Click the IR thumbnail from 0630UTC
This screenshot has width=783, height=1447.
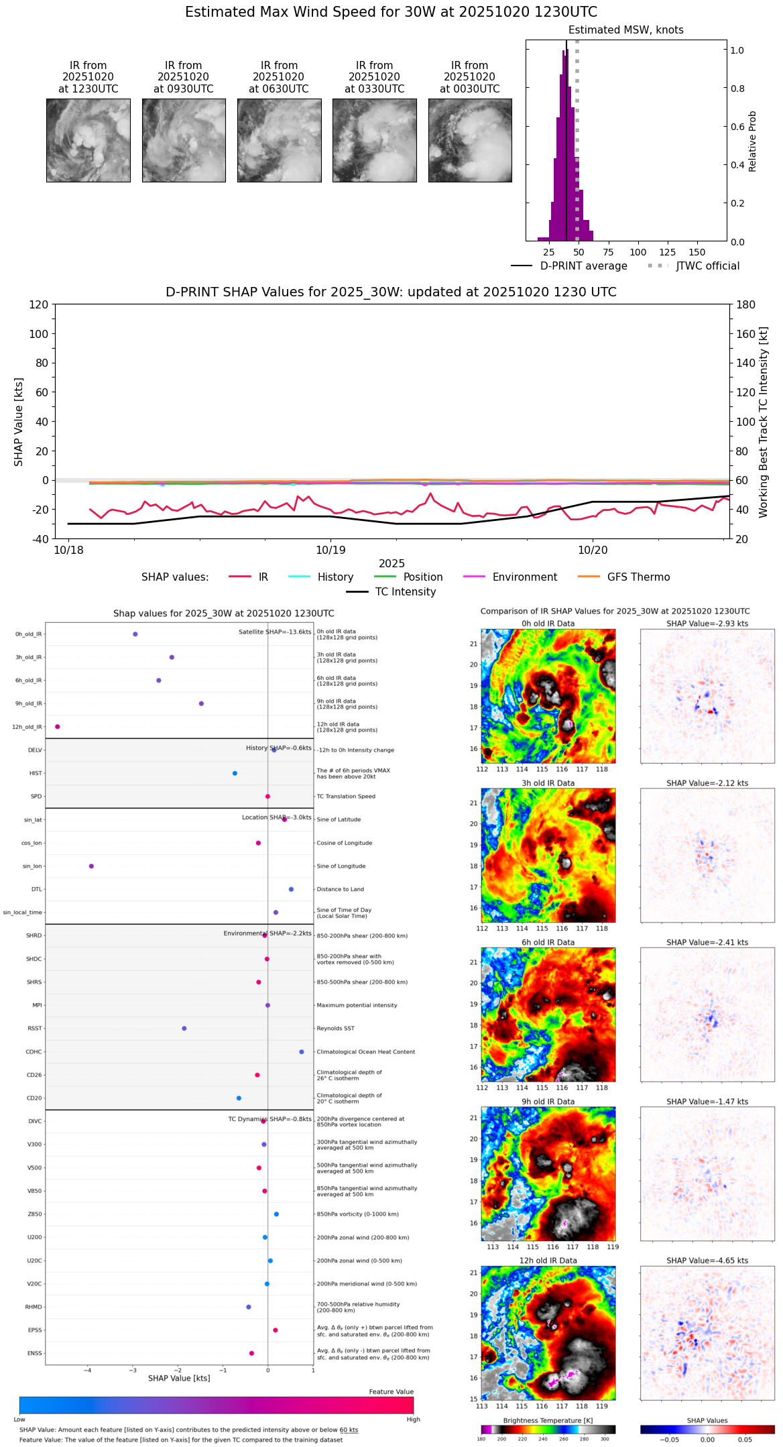[x=279, y=140]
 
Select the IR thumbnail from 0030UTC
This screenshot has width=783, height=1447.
[x=470, y=140]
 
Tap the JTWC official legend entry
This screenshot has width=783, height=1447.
[x=707, y=266]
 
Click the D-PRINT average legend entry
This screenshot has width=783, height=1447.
[x=583, y=266]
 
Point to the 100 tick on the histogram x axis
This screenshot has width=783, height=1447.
[x=638, y=252]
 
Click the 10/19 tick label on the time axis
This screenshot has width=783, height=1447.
[x=330, y=551]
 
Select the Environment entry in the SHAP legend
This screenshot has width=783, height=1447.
[x=524, y=577]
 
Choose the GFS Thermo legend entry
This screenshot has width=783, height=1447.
[x=638, y=577]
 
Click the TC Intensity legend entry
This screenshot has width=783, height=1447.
[x=405, y=592]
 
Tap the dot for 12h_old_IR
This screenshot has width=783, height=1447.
[x=58, y=727]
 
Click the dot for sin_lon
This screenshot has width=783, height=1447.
[x=91, y=866]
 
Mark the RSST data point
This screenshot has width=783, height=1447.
[x=184, y=1029]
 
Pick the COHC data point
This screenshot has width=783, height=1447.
[x=302, y=1052]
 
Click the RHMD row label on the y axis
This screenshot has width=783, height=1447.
[x=34, y=1307]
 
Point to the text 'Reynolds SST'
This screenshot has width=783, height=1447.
[x=335, y=1029]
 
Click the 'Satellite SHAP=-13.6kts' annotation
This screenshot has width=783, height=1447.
[x=275, y=632]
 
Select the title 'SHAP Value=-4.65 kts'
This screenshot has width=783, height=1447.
[x=707, y=1261]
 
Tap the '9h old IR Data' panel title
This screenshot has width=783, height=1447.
[x=548, y=1102]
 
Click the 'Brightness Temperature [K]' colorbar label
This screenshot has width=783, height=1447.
[x=548, y=1421]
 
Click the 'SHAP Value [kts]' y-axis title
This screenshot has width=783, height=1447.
[x=19, y=422]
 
